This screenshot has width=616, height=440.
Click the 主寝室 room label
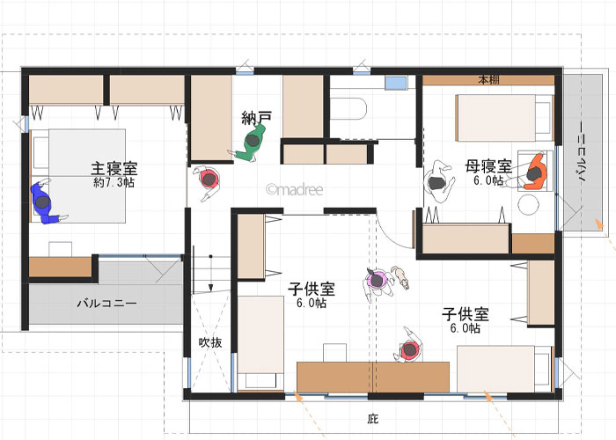pyautogui.click(x=114, y=168)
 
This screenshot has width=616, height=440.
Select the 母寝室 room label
pyautogui.click(x=488, y=166)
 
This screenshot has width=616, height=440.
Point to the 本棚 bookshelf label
pyautogui.click(x=488, y=80)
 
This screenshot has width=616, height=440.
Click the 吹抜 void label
pyautogui.click(x=210, y=342)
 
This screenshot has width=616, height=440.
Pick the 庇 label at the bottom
pyautogui.click(x=372, y=419)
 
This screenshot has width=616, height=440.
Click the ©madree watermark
pyautogui.click(x=294, y=190)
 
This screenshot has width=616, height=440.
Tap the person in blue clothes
pyautogui.click(x=46, y=202)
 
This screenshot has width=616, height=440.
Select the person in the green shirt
pyautogui.click(x=250, y=143)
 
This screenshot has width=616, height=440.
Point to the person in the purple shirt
pyautogui.click(x=378, y=282)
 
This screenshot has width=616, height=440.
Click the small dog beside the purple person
pyautogui.click(x=400, y=276)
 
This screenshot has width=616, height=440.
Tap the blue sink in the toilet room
pyautogui.click(x=396, y=83)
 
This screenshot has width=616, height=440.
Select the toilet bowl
pyautogui.click(x=348, y=108)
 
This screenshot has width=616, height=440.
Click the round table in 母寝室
pyautogui.click(x=528, y=205)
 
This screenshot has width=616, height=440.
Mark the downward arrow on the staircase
pyautogui.click(x=210, y=274)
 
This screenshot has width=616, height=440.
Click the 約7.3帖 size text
pyautogui.click(x=114, y=182)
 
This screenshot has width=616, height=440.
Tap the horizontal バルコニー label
pyautogui.click(x=106, y=304)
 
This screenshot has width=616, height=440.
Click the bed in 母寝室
pyautogui.click(x=504, y=118)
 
